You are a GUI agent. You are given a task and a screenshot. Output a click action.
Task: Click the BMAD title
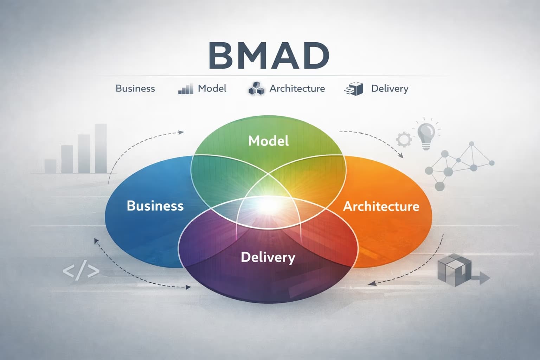point(269,56)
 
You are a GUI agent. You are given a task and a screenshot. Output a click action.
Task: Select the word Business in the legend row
point(135,88)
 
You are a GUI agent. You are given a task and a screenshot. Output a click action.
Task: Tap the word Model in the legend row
point(212,88)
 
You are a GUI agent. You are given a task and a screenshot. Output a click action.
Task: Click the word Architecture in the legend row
point(297,88)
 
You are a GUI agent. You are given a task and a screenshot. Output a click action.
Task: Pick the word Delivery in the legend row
point(390,89)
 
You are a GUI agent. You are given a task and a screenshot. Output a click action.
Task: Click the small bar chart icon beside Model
point(186,89)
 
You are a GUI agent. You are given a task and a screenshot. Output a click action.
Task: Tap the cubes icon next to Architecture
point(256,89)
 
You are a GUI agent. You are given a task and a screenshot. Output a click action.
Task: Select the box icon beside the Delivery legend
point(354,89)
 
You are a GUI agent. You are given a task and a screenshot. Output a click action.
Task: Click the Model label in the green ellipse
point(268,141)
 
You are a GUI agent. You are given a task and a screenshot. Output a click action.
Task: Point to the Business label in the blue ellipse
point(155,206)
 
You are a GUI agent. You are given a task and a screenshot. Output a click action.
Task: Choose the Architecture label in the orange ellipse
point(381,206)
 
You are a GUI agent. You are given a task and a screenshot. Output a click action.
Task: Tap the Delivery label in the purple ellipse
point(268,257)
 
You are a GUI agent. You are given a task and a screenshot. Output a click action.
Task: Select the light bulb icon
point(426,135)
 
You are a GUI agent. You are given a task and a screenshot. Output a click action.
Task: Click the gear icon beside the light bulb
point(404,140)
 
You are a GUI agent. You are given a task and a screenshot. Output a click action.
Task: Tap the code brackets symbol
point(81,271)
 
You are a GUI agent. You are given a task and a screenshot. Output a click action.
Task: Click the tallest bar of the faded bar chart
point(101,148)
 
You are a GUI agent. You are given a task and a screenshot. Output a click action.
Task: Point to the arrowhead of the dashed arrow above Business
point(181,133)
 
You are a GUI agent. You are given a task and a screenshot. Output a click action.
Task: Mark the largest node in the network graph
point(448,172)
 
